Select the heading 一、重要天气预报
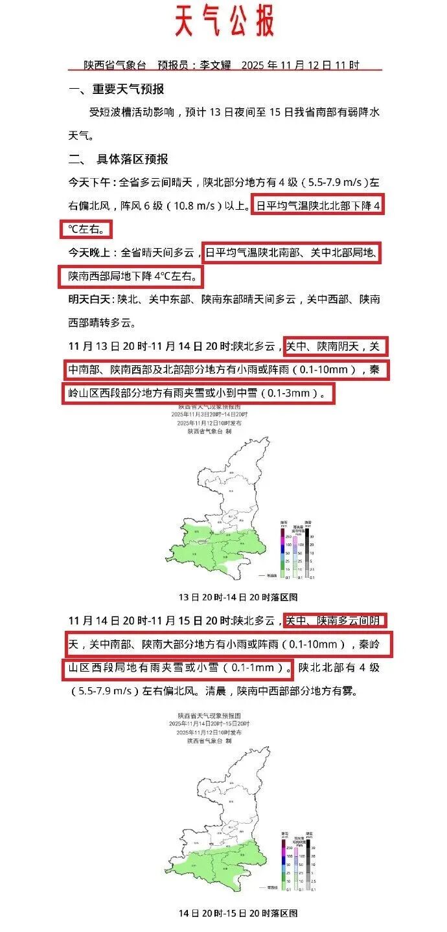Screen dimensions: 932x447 117,89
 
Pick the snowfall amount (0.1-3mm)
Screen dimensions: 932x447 293,393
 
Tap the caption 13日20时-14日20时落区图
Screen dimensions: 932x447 238,597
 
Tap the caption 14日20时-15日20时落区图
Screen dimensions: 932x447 238,913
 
